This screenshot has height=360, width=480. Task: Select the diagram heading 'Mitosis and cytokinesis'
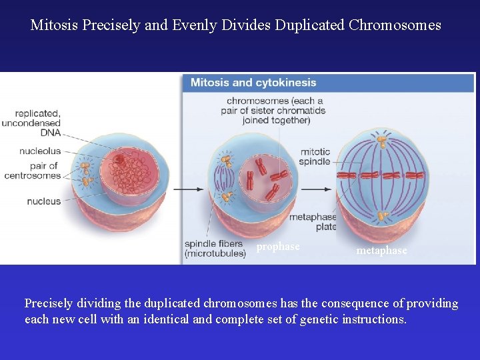(x=253, y=83)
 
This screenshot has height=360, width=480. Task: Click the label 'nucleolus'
(x=40, y=151)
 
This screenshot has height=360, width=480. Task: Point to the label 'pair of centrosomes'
(x=33, y=171)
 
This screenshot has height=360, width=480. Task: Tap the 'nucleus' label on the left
(x=44, y=201)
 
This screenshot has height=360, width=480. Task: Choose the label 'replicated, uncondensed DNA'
(x=32, y=123)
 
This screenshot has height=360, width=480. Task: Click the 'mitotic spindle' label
(x=315, y=157)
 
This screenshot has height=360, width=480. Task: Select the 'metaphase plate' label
(x=313, y=222)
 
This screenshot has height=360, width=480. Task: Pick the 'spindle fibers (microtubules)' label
(x=215, y=249)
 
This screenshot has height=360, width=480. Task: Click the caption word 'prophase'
(x=278, y=247)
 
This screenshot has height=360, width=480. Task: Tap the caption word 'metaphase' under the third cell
(x=381, y=251)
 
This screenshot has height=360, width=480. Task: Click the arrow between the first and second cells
(x=189, y=189)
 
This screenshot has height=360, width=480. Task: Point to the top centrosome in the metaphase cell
(x=382, y=141)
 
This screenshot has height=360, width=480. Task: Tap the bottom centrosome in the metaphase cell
(x=382, y=216)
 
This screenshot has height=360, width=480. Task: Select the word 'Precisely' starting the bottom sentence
(x=48, y=303)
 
